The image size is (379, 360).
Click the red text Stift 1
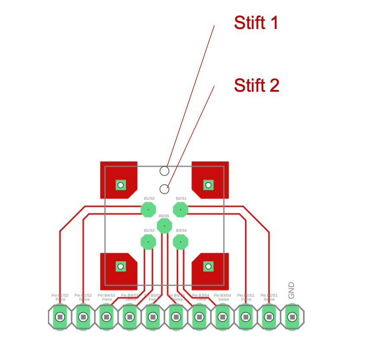coord(256,22)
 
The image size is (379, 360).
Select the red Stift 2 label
coord(256,85)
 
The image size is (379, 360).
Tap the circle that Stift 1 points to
coord(164,171)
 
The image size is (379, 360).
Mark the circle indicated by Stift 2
coord(164,189)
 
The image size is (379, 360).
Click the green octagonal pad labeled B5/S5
coord(164,226)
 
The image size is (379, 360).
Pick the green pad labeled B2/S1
coord(180,210)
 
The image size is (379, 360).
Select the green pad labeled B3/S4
coord(180,242)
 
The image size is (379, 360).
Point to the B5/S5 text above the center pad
coord(164,215)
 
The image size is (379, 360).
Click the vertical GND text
coord(291,290)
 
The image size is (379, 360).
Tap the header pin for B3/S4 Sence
coord(223,317)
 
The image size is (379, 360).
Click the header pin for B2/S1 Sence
coord(269,317)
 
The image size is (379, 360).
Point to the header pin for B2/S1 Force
coord(246,317)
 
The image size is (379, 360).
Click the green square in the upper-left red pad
coord(121,185)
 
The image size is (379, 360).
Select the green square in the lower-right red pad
coord(208,266)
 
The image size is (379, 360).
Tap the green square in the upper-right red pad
coord(208,185)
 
